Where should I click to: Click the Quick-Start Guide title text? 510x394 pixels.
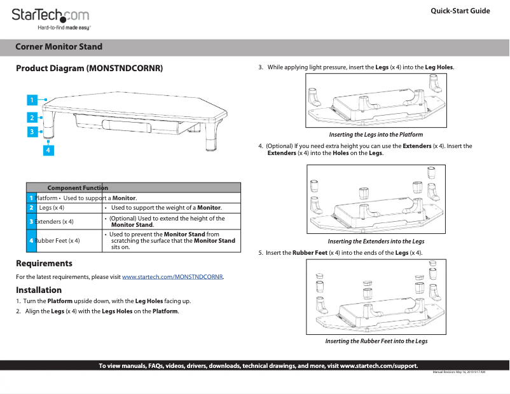[x=460, y=11]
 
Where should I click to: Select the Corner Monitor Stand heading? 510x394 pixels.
[x=59, y=47]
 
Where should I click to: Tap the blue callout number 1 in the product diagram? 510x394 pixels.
[x=31, y=100]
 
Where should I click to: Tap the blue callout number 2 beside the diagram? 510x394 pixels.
[x=31, y=117]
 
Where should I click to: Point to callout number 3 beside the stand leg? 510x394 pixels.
[x=31, y=132]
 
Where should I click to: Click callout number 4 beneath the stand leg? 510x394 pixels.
[x=48, y=150]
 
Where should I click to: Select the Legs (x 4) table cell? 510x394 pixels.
[x=52, y=208]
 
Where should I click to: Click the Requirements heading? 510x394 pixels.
[x=44, y=263]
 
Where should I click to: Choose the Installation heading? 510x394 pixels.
[x=39, y=290]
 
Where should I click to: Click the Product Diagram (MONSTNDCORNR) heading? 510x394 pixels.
[x=89, y=67]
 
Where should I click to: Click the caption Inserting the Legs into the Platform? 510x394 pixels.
[x=375, y=135]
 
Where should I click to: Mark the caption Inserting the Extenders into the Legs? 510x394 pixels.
[x=375, y=241]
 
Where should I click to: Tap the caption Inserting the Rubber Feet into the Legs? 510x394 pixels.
[x=376, y=341]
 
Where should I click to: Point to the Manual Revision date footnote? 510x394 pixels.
[x=458, y=372]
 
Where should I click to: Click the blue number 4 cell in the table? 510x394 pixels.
[x=31, y=240]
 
